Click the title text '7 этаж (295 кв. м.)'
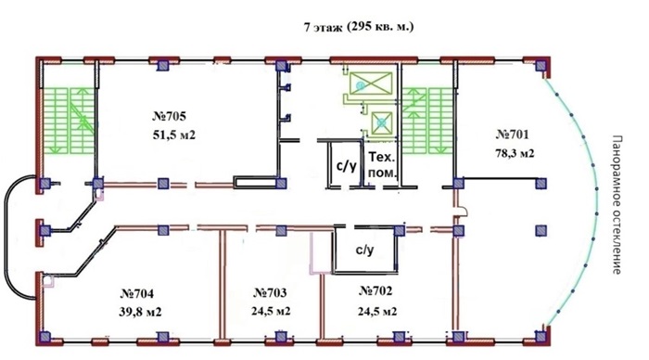click(359, 27)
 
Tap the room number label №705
click(169, 116)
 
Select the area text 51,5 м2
click(174, 135)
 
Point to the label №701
click(512, 135)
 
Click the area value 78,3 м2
click(515, 154)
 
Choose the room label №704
click(137, 294)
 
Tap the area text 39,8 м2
click(140, 312)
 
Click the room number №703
click(270, 293)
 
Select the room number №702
click(375, 290)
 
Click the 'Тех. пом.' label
click(382, 165)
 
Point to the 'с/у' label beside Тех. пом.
click(346, 166)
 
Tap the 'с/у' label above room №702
click(365, 250)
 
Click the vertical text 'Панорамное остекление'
click(617, 205)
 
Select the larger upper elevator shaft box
click(371, 83)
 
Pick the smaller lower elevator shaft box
click(382, 123)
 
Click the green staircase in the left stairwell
click(69, 120)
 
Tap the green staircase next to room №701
click(427, 120)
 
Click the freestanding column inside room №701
click(541, 230)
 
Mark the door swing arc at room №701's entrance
click(463, 211)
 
